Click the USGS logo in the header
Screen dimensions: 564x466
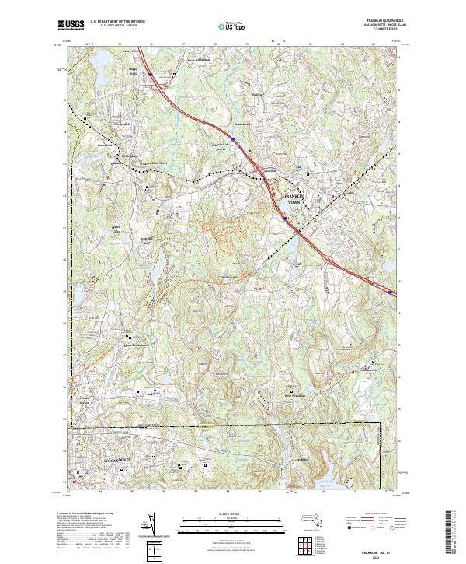71,25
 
